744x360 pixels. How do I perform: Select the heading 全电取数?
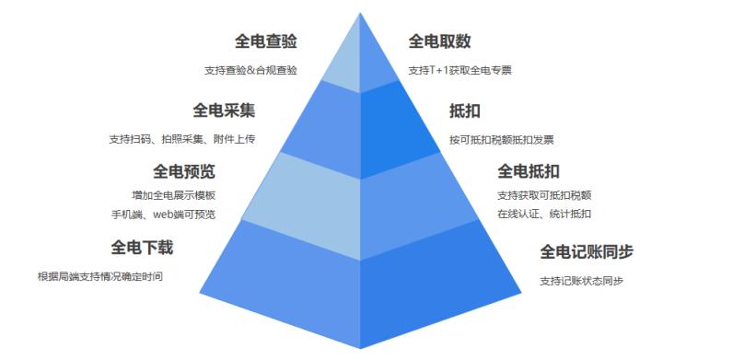click(x=440, y=41)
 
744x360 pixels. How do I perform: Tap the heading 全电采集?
click(x=224, y=110)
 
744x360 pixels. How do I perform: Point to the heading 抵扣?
click(x=465, y=111)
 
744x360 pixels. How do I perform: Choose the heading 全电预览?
click(x=184, y=171)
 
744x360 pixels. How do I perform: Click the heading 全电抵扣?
click(x=529, y=171)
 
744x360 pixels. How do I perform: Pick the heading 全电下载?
click(x=142, y=248)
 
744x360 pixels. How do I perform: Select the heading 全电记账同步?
click(x=587, y=251)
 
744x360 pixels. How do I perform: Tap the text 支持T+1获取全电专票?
click(x=460, y=70)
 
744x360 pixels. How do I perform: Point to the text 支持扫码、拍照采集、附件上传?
click(x=181, y=140)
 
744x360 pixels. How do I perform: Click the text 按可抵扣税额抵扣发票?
click(x=501, y=140)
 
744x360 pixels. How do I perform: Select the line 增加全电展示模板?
click(x=174, y=195)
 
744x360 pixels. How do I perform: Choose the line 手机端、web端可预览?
click(x=164, y=215)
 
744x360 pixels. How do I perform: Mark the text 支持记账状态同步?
click(x=581, y=281)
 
